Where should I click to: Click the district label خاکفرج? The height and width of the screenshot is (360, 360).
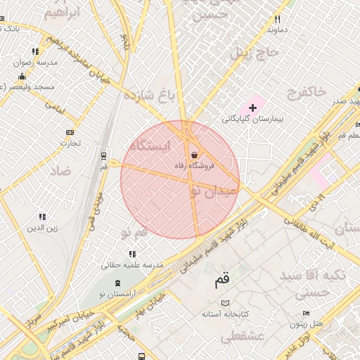click(x=307, y=91)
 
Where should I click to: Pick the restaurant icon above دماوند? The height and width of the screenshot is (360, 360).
click(x=277, y=20)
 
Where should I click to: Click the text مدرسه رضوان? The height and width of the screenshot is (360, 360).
click(x=39, y=63)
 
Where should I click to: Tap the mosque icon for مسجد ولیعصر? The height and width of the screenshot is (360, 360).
click(x=22, y=76)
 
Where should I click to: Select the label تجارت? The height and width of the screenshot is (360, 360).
click(x=70, y=143)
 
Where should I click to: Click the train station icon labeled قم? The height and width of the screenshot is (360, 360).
click(x=104, y=155)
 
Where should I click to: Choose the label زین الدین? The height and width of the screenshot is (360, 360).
click(x=42, y=228)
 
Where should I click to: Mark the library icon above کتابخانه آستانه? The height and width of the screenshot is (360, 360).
click(x=225, y=303)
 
